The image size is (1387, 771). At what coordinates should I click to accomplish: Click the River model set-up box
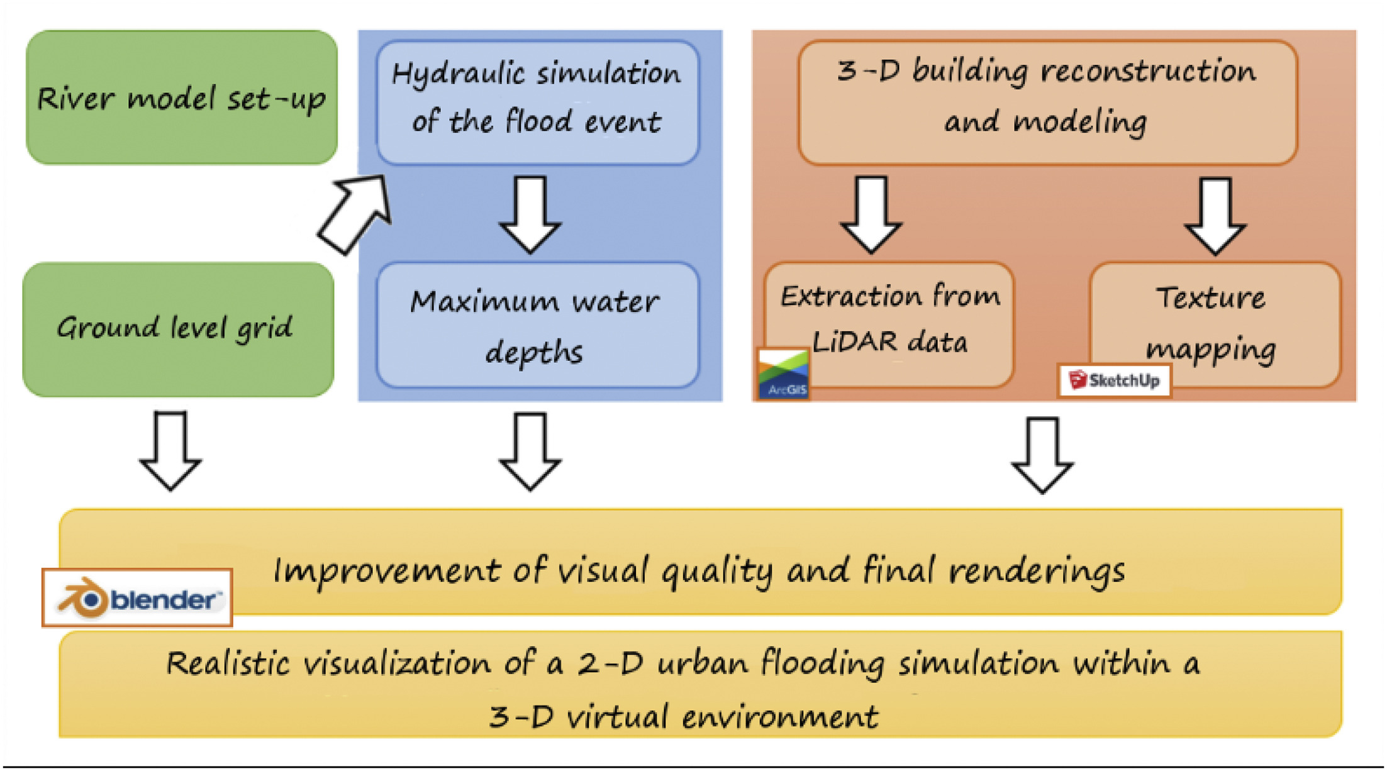182,97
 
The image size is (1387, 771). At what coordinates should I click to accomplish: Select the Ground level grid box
179,330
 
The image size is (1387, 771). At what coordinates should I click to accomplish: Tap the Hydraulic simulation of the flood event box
538,103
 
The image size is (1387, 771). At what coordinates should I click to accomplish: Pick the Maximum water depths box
538,325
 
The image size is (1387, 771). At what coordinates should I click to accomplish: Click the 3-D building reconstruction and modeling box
1048,103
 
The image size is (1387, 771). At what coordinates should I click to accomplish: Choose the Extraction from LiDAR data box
889,324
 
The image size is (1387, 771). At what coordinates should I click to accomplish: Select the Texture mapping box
1215,324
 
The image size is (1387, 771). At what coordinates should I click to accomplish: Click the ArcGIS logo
783,374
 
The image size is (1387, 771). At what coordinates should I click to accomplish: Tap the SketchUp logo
1115,380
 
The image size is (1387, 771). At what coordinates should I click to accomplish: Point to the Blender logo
137,597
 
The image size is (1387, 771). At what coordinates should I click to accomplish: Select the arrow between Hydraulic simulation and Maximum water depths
530,214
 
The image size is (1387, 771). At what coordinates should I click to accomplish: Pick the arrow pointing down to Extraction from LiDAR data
872,214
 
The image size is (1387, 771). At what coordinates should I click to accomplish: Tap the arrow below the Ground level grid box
170,451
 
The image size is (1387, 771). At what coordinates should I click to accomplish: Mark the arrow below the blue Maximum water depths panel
530,451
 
